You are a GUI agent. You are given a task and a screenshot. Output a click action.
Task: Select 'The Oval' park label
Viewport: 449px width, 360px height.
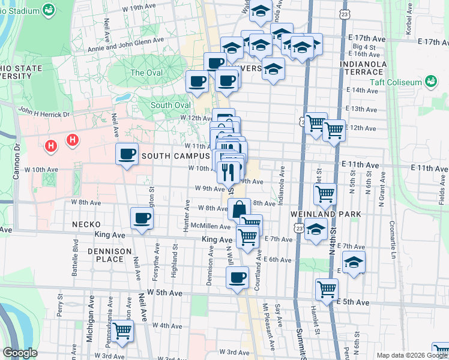click(146, 73)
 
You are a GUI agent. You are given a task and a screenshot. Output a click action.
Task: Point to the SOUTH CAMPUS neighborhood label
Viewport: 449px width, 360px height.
click(175, 156)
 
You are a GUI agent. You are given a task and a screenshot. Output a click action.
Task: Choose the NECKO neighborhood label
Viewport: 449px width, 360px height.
click(85, 224)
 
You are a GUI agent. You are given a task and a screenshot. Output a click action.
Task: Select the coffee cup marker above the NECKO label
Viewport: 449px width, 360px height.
click(142, 218)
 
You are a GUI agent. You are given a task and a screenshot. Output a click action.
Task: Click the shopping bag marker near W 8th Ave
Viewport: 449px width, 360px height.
click(239, 209)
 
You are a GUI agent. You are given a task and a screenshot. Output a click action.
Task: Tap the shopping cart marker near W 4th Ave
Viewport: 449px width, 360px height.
click(122, 330)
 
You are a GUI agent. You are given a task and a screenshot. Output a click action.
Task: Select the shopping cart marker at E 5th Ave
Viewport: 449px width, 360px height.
click(327, 290)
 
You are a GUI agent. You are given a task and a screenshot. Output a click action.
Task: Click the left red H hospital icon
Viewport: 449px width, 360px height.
click(52, 145)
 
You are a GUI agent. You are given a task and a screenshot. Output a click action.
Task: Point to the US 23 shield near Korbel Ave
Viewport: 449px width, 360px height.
click(342, 13)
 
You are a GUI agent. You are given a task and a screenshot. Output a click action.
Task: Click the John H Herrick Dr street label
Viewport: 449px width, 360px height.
click(44, 111)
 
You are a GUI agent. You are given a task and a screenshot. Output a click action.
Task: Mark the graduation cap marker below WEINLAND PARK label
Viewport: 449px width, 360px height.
click(316, 229)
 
